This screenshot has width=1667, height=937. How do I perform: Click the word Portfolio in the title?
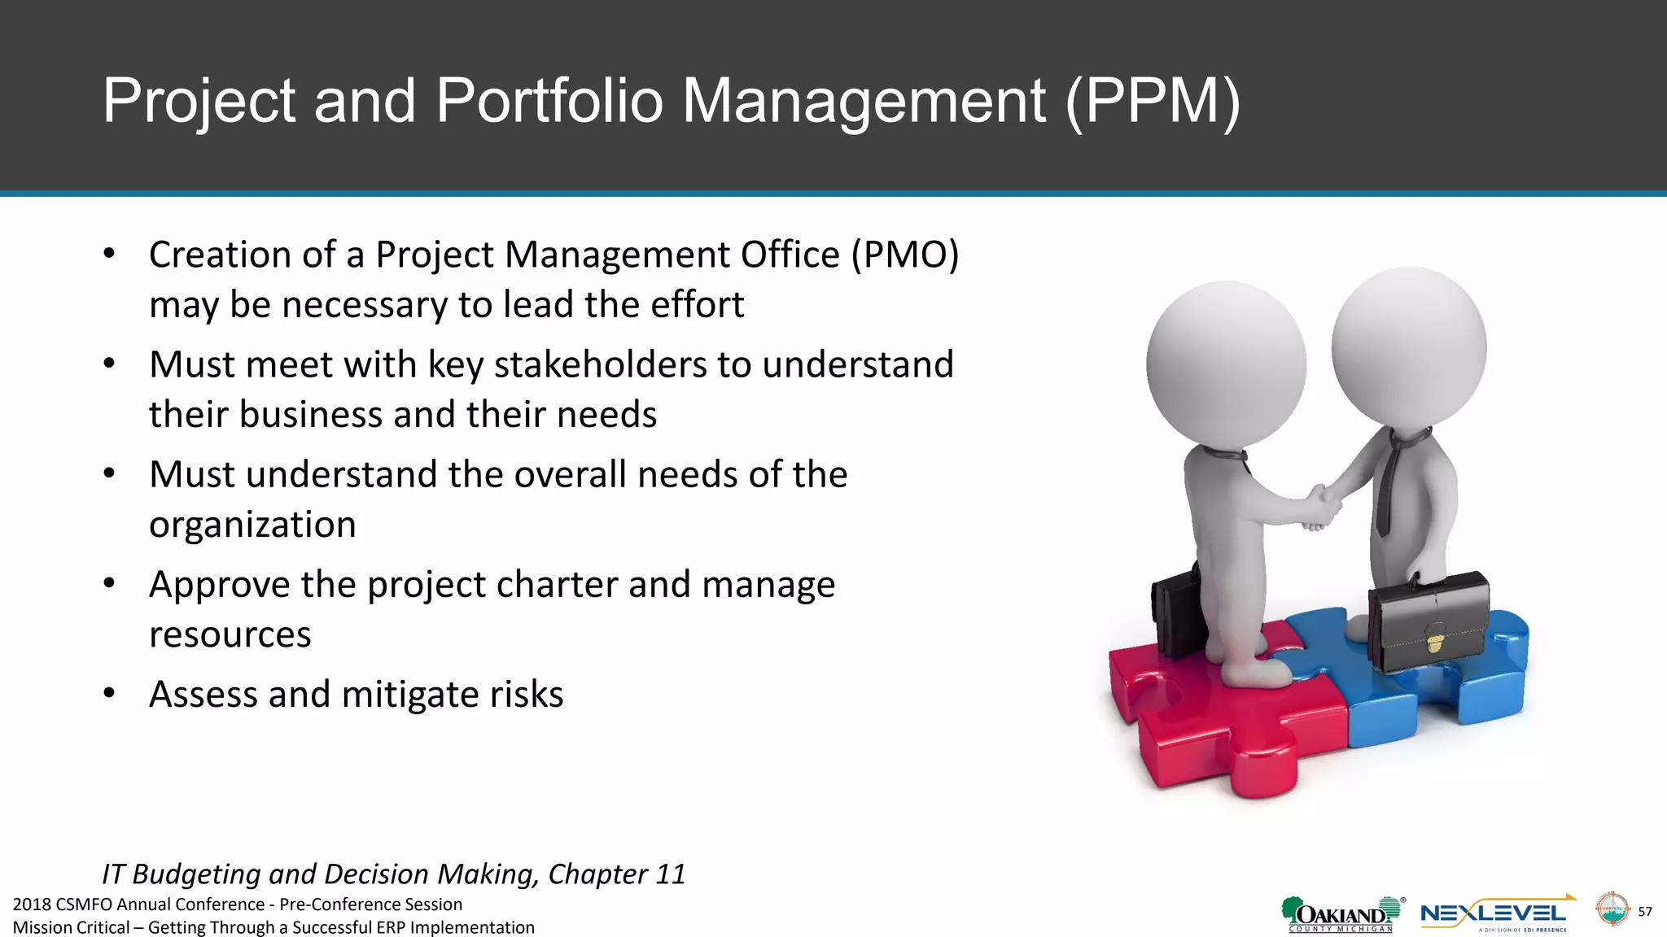[x=549, y=101]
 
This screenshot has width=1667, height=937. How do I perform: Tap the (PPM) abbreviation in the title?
[x=1153, y=101]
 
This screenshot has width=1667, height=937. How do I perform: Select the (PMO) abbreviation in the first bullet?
[x=905, y=255]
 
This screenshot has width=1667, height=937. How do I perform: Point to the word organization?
[x=252, y=525]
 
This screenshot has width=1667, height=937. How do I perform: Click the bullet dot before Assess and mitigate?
[x=110, y=693]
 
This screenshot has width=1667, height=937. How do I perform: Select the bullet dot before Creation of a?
[x=110, y=254]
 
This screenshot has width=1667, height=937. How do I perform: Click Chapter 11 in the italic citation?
[x=617, y=874]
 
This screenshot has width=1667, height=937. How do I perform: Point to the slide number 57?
[x=1645, y=912]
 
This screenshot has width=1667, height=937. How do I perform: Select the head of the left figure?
[x=1226, y=364]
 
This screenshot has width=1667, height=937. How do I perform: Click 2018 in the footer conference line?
[x=32, y=904]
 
